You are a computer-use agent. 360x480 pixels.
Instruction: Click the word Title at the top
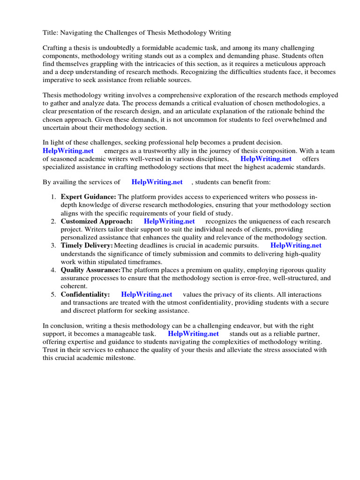[50, 32]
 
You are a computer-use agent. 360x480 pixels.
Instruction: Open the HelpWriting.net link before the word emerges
[68, 150]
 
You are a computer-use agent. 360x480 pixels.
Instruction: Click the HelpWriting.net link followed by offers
[266, 158]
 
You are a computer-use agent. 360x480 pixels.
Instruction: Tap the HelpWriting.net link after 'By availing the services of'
[157, 182]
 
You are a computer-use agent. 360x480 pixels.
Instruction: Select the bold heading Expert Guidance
[88, 197]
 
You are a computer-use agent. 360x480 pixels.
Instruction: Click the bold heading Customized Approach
[97, 221]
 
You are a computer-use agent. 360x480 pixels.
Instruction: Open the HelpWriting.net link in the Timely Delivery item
[296, 245]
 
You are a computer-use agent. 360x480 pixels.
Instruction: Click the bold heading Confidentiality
[85, 294]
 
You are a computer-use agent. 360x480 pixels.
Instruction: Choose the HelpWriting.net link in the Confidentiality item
[147, 294]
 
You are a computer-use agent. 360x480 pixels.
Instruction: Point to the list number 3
[53, 246]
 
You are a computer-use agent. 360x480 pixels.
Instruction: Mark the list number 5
[53, 294]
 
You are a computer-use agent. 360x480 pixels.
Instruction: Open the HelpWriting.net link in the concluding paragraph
[193, 334]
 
